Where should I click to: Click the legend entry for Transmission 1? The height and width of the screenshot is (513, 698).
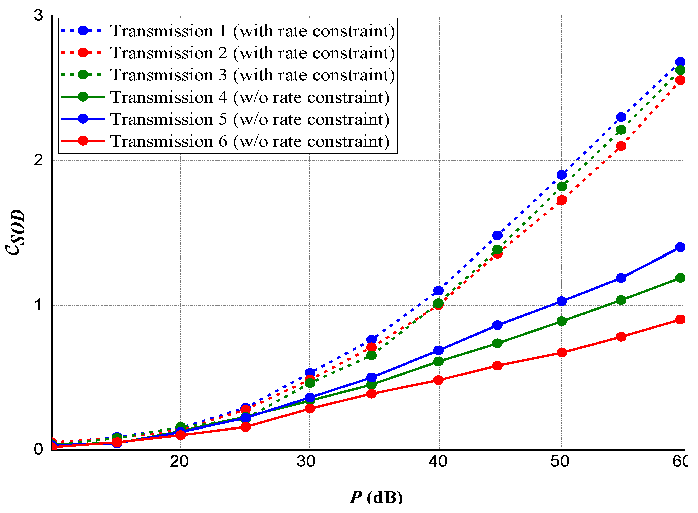[x=252, y=31]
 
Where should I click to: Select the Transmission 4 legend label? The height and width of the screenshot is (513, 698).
[x=250, y=97]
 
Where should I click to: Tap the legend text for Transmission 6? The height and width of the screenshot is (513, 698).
[x=250, y=141]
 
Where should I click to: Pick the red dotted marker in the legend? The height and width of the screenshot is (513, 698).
[x=83, y=53]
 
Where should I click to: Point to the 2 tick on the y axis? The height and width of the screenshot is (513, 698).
[x=39, y=160]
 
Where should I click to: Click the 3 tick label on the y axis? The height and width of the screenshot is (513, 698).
[x=39, y=15]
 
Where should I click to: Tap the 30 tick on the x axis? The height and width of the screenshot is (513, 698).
[x=306, y=462]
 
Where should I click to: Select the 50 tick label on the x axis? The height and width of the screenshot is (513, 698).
[x=560, y=462]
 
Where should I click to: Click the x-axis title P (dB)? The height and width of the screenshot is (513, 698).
[x=376, y=497]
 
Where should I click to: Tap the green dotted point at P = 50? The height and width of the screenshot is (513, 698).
[x=562, y=186]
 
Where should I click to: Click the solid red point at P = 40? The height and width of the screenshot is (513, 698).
[x=438, y=380]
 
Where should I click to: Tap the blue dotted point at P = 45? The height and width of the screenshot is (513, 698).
[x=497, y=235]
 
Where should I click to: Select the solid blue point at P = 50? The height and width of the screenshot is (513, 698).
[x=562, y=301]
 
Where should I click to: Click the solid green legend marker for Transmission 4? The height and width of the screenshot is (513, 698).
[x=83, y=97]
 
